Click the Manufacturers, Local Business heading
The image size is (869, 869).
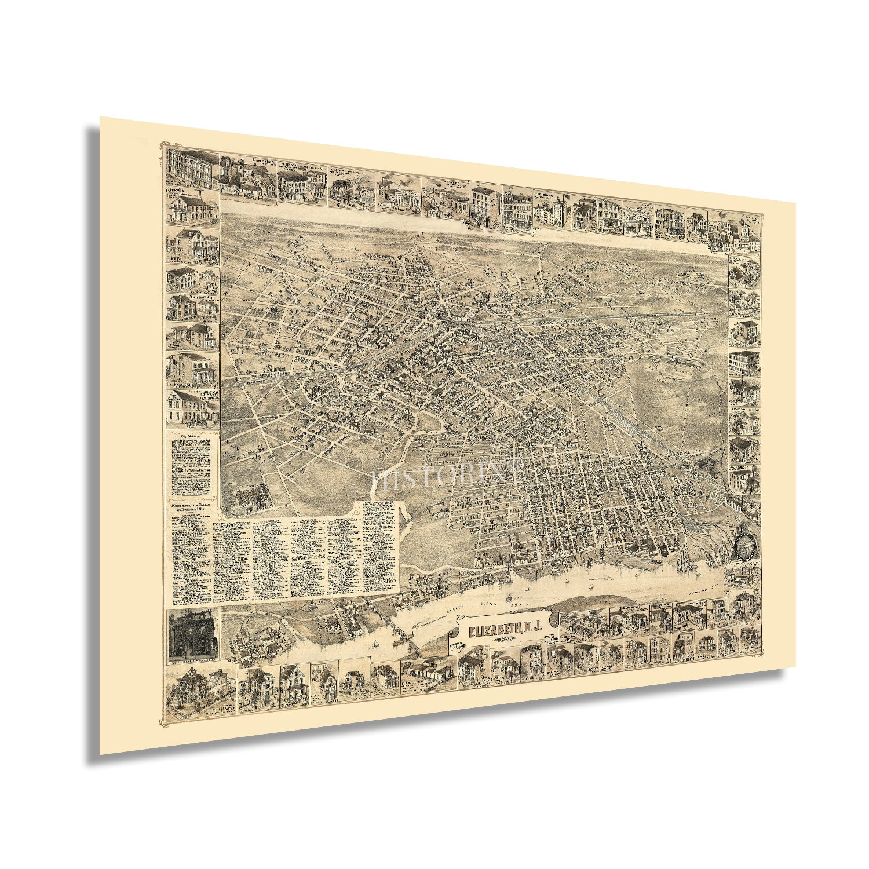pyautogui.click(x=189, y=507)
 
